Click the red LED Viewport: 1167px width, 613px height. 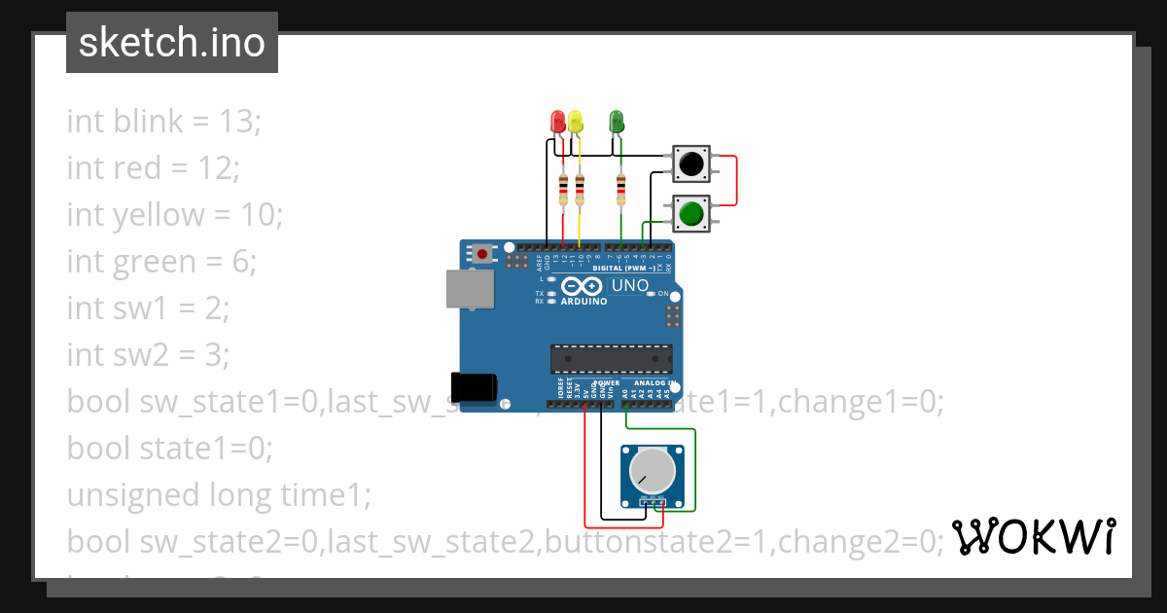tap(557, 122)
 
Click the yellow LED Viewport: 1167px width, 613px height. tap(575, 122)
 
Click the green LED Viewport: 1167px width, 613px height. tap(616, 122)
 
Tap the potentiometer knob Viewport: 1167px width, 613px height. tap(652, 470)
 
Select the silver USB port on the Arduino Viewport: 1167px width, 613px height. tap(469, 289)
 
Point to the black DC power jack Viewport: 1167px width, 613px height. tap(475, 386)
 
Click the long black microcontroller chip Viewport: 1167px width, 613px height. tap(610, 359)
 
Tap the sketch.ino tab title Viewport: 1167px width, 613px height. tap(172, 43)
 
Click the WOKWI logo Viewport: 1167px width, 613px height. tap(1033, 537)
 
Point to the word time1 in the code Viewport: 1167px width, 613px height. tap(326, 495)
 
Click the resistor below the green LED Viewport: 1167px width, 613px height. tap(621, 188)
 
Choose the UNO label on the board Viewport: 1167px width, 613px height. tap(628, 286)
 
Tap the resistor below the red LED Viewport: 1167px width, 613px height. tap(563, 188)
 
